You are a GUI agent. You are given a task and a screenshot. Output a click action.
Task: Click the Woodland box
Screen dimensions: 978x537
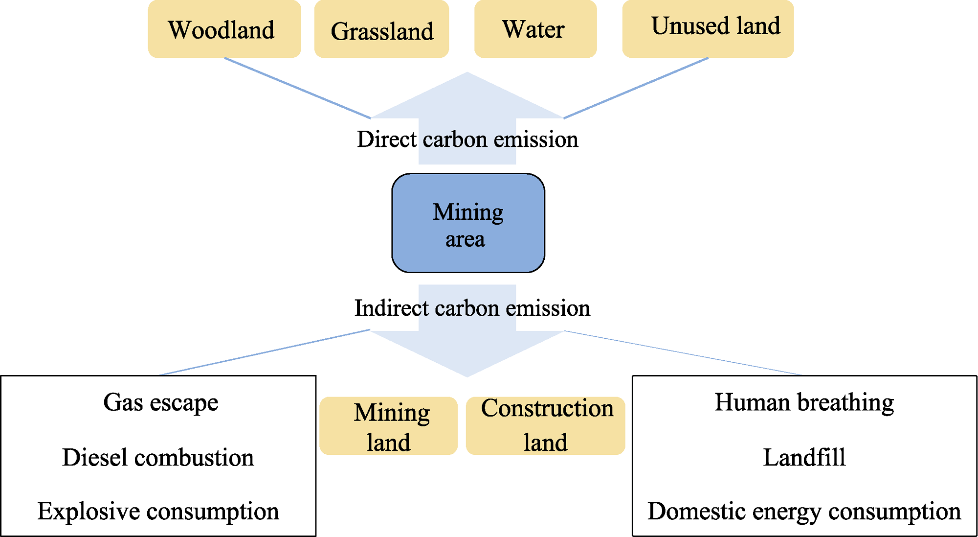tap(224, 29)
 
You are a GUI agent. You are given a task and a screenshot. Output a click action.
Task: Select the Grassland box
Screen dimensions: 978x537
tap(381, 29)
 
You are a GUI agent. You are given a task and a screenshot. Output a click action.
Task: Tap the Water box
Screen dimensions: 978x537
tap(535, 29)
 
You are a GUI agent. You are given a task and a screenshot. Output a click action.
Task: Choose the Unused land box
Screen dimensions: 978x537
tap(708, 29)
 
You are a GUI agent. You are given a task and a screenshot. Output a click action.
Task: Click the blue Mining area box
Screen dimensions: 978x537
tap(468, 223)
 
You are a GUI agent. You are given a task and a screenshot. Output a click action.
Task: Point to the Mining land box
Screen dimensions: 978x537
tap(389, 426)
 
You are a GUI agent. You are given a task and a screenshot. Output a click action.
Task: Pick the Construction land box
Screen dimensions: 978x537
tap(546, 426)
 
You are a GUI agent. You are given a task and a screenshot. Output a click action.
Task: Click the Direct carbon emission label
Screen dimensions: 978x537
tap(467, 139)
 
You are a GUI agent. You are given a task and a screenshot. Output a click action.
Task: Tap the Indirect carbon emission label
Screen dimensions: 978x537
tap(472, 308)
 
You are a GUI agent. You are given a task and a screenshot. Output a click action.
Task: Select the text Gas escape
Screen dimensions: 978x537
tap(161, 403)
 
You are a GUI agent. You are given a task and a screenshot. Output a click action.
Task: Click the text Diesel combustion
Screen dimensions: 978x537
tap(158, 458)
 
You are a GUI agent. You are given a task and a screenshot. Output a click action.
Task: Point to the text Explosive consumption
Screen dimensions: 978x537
tap(158, 512)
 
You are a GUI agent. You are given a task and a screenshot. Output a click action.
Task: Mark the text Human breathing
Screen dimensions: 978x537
tap(804, 403)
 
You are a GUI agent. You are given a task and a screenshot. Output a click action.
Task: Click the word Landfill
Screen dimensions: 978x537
tap(804, 458)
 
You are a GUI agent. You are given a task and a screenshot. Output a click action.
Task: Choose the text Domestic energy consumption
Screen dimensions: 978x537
tap(804, 512)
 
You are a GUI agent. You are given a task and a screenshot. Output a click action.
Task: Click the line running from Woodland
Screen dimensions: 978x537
tap(297, 88)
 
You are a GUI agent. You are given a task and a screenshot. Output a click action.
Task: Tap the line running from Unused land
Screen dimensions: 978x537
tap(636, 88)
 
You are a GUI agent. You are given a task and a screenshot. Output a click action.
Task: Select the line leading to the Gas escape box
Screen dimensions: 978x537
tap(265, 352)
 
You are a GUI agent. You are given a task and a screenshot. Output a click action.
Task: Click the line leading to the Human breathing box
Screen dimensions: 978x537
tap(683, 353)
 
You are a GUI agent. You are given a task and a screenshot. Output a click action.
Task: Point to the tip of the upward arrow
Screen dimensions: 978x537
tap(467, 72)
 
